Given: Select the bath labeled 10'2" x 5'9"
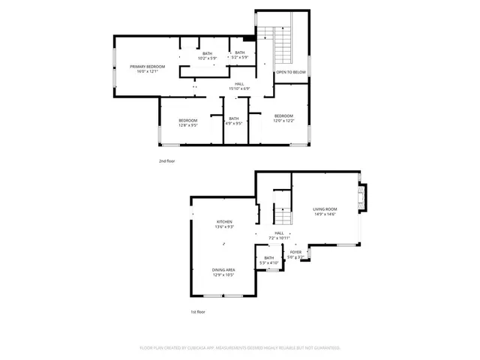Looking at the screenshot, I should (x=206, y=55).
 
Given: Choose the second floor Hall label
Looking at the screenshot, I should (x=239, y=84).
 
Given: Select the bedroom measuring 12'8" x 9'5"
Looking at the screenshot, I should (x=187, y=123).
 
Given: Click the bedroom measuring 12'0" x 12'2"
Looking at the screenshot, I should (x=283, y=118).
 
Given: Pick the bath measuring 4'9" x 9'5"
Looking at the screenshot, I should (x=234, y=121).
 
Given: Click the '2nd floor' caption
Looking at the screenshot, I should (x=166, y=161).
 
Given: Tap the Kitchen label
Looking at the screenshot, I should (x=224, y=222).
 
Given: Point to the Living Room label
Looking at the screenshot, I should (x=325, y=209).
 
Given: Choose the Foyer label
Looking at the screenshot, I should (x=295, y=252).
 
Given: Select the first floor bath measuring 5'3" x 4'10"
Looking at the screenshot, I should (x=268, y=260).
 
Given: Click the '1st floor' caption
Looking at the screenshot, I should (x=198, y=311).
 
